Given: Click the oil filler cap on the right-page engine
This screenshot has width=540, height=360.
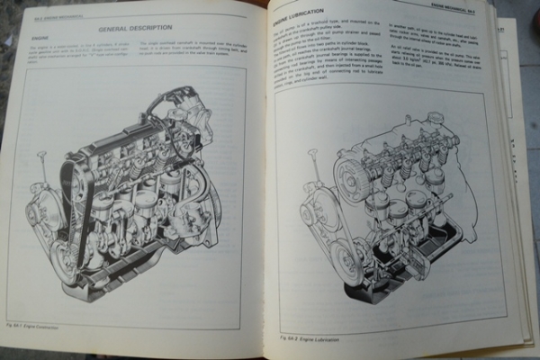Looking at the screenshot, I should pyautogui.click(x=435, y=118).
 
